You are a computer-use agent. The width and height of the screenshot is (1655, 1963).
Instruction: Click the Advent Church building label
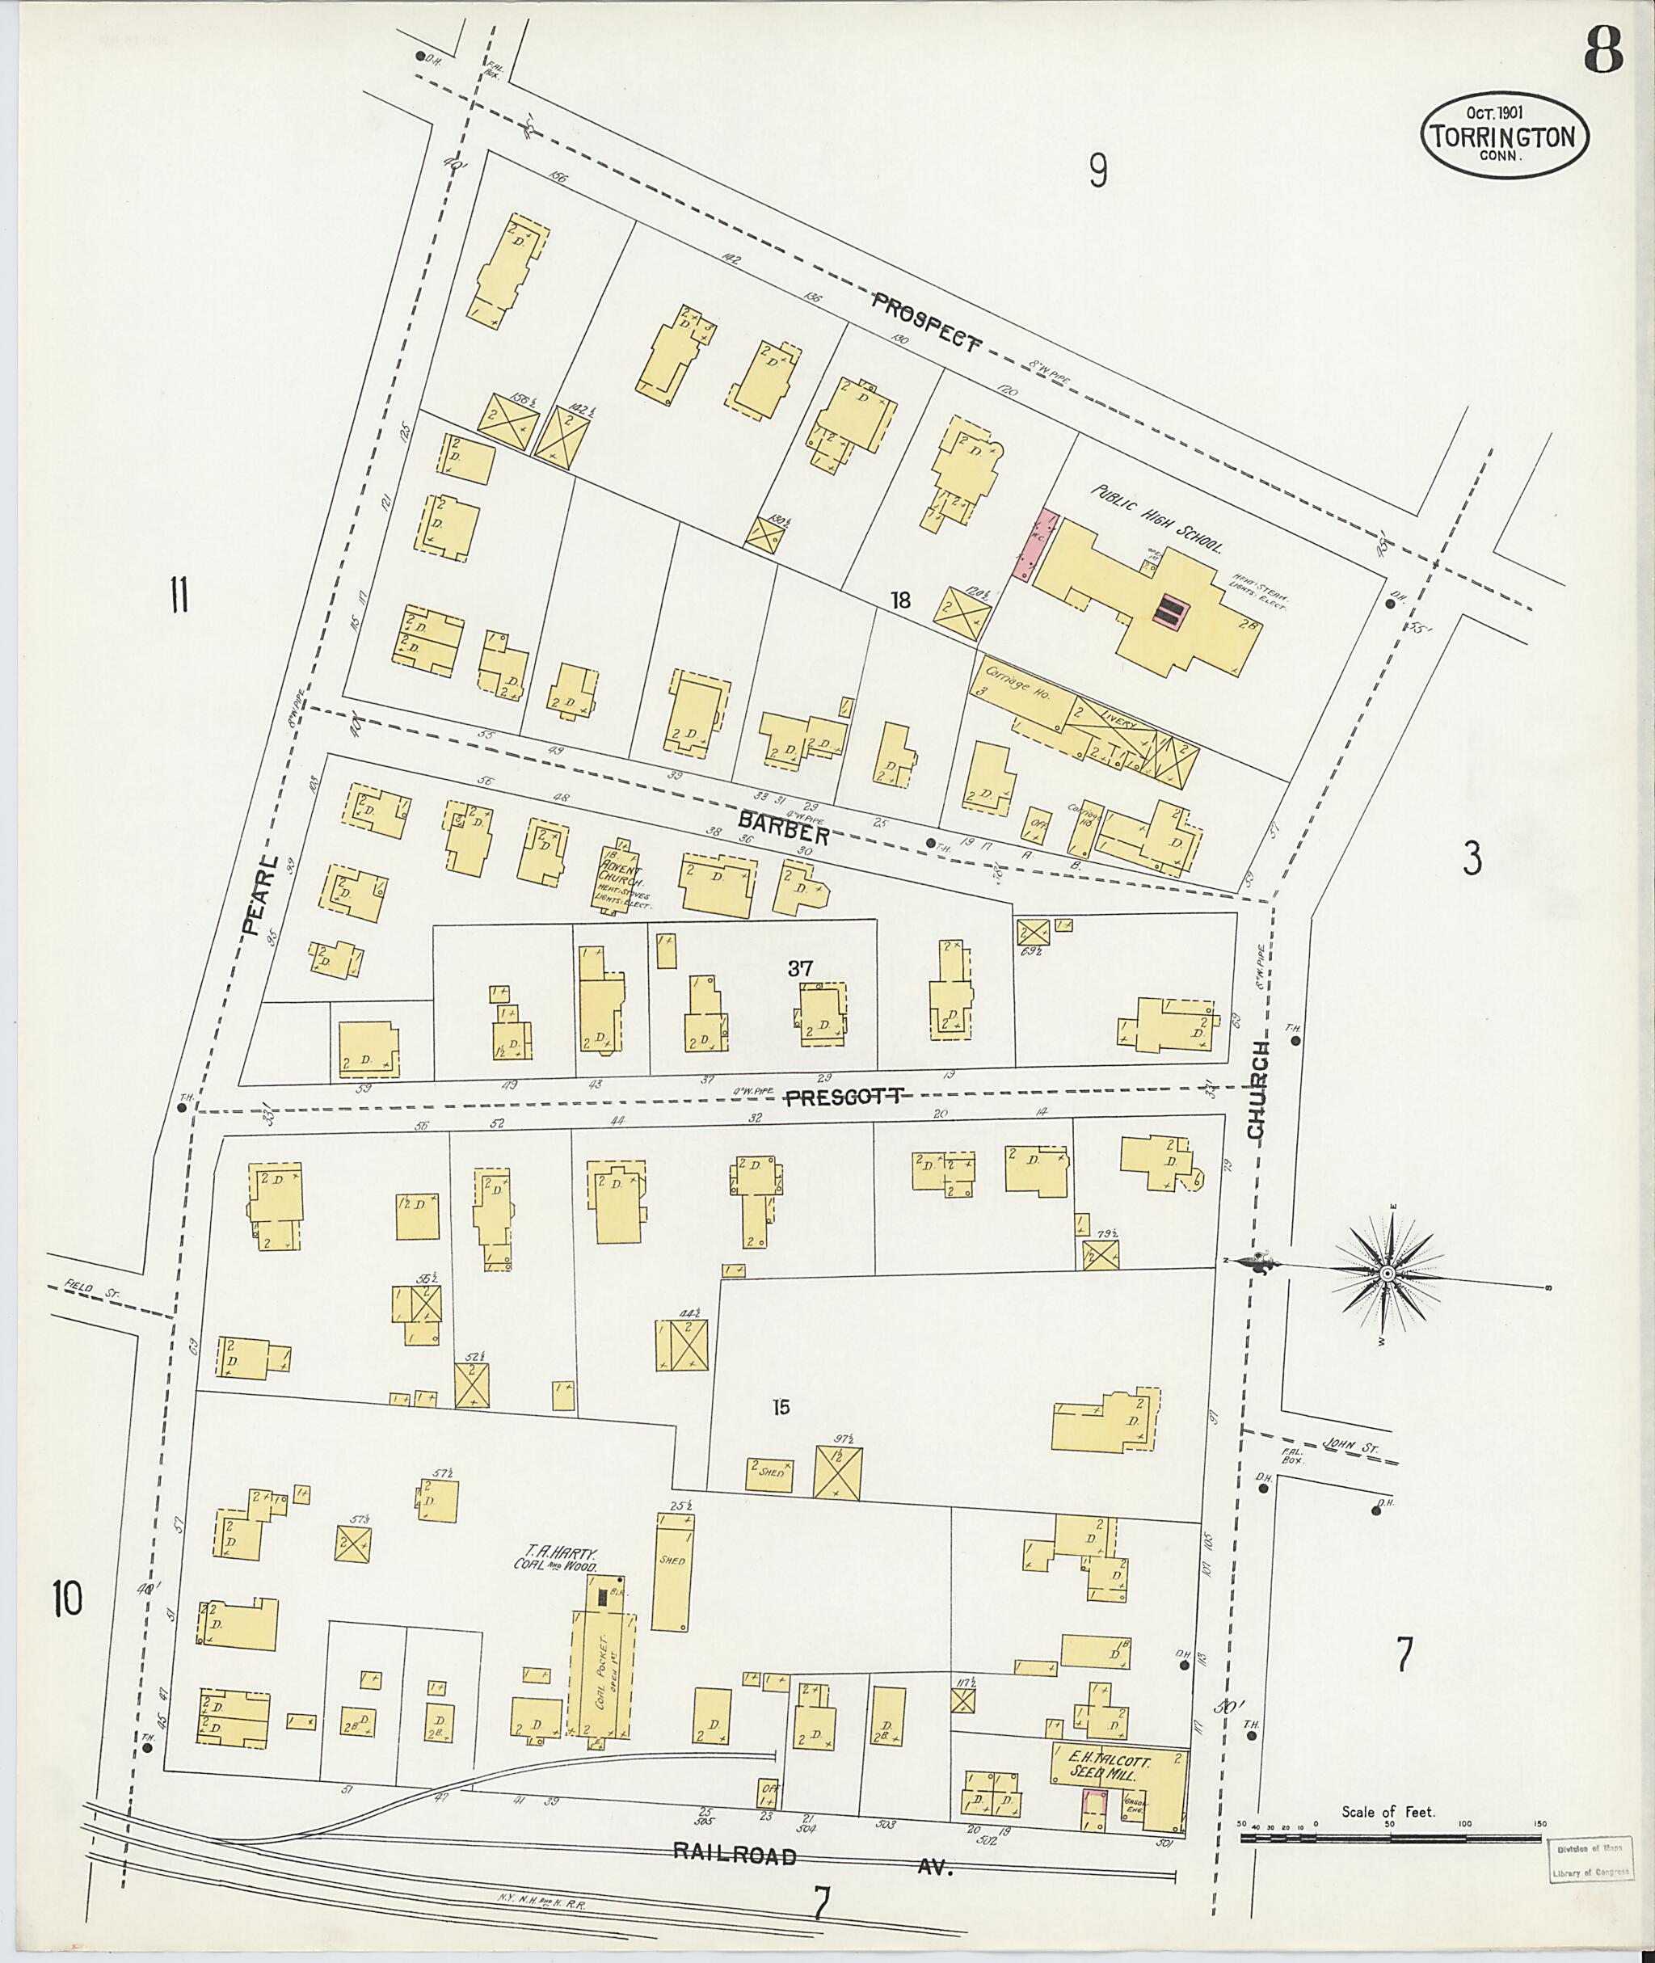point(624,878)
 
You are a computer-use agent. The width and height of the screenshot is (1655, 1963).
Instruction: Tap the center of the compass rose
point(1386,1274)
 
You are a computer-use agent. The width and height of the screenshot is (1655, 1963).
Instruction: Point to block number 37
point(799,968)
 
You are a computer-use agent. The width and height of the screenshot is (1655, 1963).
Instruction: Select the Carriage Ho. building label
point(1019,697)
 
